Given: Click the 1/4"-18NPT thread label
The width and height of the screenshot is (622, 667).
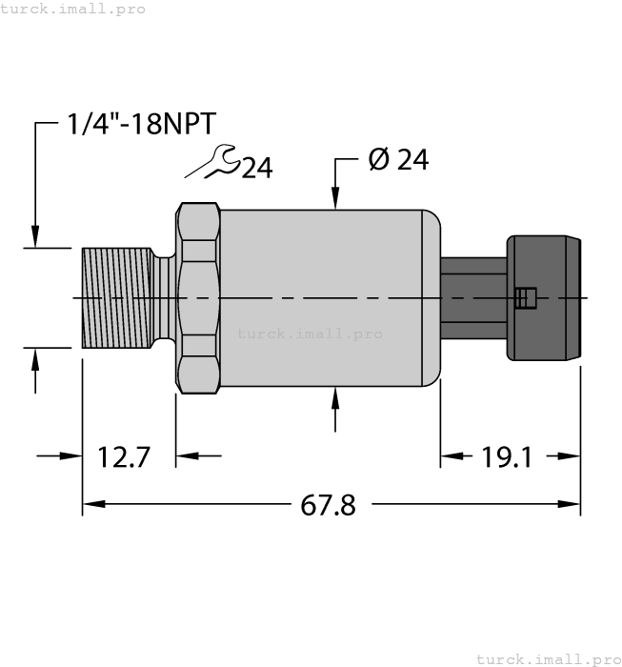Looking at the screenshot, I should pyautogui.click(x=142, y=124).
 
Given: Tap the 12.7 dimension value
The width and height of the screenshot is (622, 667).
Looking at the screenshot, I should pyautogui.click(x=124, y=456).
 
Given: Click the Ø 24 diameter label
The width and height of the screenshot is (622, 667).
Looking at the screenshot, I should pyautogui.click(x=397, y=160).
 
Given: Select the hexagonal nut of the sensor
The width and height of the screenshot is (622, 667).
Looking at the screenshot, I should pyautogui.click(x=197, y=298).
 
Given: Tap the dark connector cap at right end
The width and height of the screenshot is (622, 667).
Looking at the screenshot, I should pyautogui.click(x=544, y=298).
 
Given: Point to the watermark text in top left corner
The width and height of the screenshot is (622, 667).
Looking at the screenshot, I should pyautogui.click(x=72, y=9).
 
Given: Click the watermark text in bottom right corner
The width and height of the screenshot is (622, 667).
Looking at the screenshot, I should pyautogui.click(x=547, y=658).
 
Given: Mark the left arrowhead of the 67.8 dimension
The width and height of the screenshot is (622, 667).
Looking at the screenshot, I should pyautogui.click(x=91, y=505).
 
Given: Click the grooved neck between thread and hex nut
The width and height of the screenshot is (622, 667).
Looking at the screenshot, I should pyautogui.click(x=164, y=297).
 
